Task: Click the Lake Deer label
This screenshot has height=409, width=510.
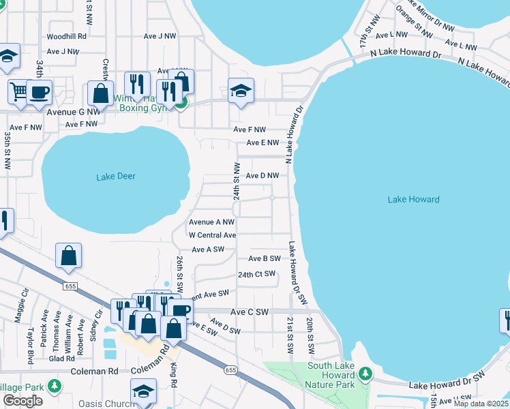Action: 115,177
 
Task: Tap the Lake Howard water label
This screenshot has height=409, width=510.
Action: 413,200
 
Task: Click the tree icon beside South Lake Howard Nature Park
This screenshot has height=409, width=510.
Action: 365,374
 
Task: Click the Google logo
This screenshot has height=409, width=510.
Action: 22,401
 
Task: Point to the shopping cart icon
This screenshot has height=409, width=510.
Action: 18,91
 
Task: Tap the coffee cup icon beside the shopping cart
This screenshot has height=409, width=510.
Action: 39,91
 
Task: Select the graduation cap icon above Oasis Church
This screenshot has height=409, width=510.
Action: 144,391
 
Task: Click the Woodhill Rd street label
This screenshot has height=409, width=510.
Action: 66,36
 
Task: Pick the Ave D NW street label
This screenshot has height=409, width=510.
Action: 262,176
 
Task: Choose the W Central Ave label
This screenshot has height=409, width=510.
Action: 212,235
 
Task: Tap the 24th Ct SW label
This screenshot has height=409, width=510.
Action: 256,274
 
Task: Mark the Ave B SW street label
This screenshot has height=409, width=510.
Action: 265,258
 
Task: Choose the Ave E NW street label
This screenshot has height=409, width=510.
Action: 262,143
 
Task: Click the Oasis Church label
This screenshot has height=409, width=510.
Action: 106,403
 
